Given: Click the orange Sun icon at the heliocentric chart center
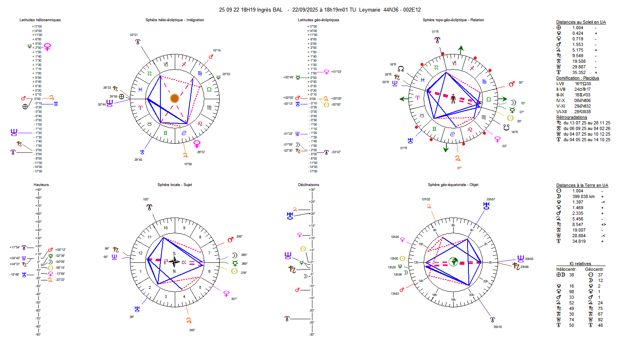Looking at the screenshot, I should point(174,98).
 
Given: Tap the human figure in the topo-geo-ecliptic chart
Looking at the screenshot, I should point(453,99).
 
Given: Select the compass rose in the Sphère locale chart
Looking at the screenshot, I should point(174,262).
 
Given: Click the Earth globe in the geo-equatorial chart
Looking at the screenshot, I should point(453,262).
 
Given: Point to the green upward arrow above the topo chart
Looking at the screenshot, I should point(461,50).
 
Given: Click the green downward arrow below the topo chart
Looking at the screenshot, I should point(446,148).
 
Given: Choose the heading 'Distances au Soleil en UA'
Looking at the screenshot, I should point(581,22).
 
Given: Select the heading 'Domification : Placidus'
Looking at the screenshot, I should point(578,78).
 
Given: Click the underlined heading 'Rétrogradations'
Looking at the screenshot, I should point(572,118).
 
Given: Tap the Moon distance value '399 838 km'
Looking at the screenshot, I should point(583,196).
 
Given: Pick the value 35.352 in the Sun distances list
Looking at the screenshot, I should point(578,73).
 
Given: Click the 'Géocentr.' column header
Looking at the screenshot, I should point(594,269).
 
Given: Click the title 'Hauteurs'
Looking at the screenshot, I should point(41,185).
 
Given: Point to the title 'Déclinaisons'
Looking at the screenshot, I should point(308,185).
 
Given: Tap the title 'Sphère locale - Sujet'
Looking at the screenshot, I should point(174,185).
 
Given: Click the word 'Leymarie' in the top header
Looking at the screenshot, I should point(370,10).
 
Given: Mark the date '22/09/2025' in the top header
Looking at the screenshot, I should point(305,10).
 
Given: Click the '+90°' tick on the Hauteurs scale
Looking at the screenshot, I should point(38,190).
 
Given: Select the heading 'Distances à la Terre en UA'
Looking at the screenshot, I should point(582,186).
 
